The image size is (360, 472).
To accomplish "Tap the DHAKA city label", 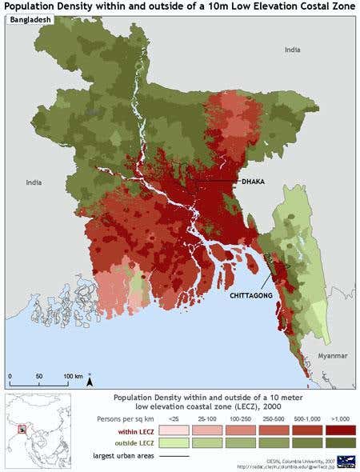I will click(253, 182).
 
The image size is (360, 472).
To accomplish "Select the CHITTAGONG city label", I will click(251, 295).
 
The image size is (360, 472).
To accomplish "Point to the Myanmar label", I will click(332, 355).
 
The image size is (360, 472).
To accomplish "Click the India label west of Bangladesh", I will click(33, 182).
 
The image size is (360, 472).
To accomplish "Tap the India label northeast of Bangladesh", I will click(293, 50).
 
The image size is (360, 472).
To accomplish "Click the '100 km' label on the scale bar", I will click(73, 375).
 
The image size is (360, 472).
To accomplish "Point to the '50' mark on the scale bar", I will click(39, 375).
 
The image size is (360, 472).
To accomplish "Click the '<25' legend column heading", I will click(174, 418).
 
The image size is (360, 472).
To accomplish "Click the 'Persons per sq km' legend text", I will click(131, 418).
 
